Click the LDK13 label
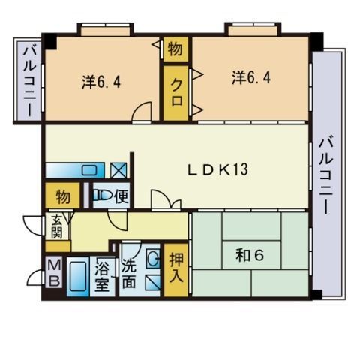click(217, 169)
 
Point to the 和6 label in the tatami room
click(249, 255)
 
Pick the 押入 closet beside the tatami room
click(175, 268)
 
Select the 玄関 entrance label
click(58, 226)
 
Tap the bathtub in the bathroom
click(78, 277)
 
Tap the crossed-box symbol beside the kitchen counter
click(118, 171)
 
